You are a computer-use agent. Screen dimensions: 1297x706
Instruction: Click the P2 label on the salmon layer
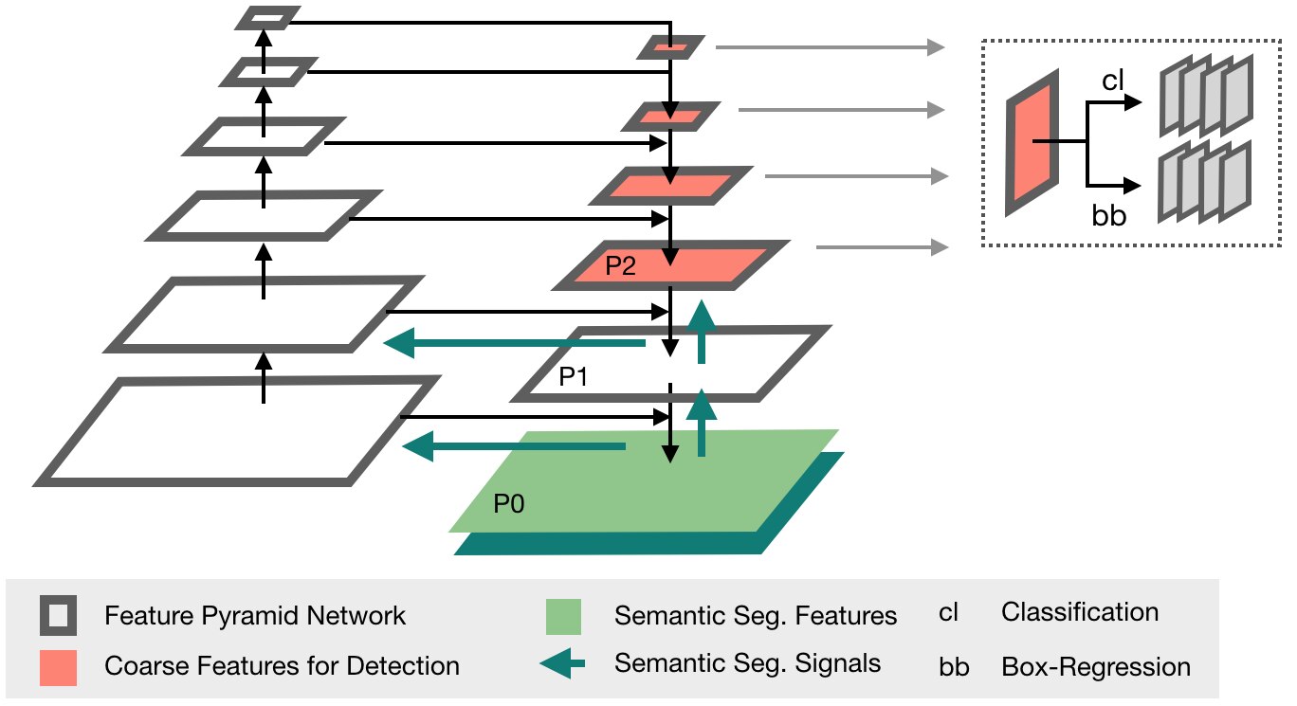click(620, 265)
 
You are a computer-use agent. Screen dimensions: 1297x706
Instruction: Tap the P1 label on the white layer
click(574, 377)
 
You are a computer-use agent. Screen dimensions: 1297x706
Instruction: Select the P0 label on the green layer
click(509, 503)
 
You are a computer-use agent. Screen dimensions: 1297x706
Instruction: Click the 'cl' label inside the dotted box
click(1112, 80)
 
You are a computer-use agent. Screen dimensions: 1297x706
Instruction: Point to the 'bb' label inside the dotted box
click(1109, 215)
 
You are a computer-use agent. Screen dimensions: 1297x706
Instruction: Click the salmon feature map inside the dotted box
click(1032, 142)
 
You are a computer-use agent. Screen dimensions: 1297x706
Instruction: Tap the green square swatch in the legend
click(563, 617)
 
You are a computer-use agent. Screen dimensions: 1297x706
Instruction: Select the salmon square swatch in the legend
click(58, 668)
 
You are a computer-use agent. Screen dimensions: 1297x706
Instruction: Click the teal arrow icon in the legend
click(562, 663)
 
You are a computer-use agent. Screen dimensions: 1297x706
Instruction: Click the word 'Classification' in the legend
click(1080, 612)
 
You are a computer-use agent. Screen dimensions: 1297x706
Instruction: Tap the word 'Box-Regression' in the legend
click(1096, 666)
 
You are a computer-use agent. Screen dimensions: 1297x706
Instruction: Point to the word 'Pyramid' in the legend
click(250, 616)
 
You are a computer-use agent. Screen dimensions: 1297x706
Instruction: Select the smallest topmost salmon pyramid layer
click(670, 47)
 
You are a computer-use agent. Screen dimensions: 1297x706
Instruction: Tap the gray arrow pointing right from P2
click(883, 247)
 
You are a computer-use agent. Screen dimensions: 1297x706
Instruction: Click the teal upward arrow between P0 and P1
click(702, 423)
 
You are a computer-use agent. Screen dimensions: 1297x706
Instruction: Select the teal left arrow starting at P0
click(514, 446)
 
